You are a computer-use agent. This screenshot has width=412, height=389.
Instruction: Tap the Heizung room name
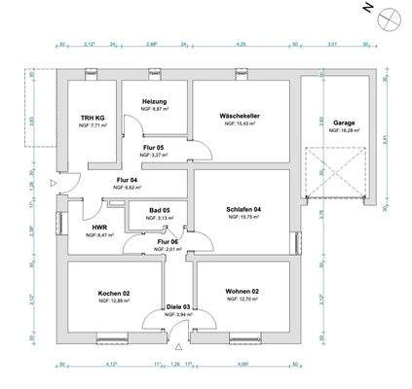[x=155, y=102]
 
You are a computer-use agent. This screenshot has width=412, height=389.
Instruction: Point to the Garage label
[x=342, y=123]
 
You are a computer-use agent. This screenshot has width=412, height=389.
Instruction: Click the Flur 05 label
[x=155, y=147]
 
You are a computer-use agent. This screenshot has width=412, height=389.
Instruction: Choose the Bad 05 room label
[x=158, y=211]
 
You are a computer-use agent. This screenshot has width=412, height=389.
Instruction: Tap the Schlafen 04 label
[x=244, y=211]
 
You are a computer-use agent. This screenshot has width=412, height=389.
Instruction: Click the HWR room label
[x=99, y=228]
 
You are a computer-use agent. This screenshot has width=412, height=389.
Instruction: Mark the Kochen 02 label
[x=114, y=294]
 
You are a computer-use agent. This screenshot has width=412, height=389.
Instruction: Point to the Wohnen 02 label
[x=243, y=292]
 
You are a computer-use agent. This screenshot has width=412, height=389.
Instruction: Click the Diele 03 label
[x=178, y=307]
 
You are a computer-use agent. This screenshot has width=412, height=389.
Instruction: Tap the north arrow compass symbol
[x=388, y=17]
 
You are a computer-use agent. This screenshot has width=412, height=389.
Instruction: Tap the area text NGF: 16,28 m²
[x=342, y=130]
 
